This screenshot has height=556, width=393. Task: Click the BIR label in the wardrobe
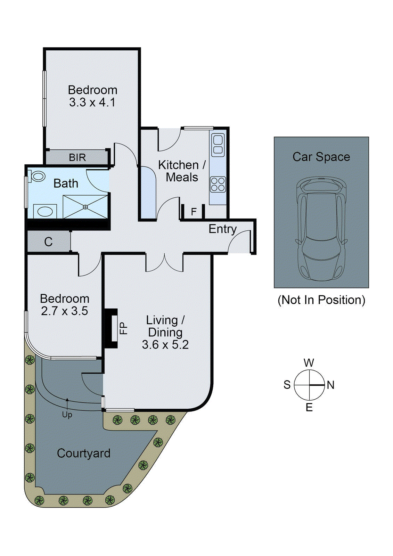[77, 157]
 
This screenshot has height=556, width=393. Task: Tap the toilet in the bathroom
[37, 176]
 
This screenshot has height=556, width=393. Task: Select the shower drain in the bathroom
[85, 207]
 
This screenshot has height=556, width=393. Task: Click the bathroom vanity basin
[45, 211]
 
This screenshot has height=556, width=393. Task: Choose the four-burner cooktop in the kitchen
[218, 185]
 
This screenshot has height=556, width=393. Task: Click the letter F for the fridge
[194, 211]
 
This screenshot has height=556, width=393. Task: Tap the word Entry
[222, 229]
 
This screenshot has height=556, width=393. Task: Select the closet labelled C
[49, 242]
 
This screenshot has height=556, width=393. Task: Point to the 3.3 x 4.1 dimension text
[92, 103]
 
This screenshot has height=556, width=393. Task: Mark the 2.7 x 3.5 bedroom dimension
[65, 311]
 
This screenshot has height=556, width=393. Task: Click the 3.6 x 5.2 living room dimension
[165, 345]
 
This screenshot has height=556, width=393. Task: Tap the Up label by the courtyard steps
[67, 415]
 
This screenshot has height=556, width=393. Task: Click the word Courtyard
[84, 453]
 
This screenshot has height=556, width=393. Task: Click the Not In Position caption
[321, 300]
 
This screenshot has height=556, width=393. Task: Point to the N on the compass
[330, 385]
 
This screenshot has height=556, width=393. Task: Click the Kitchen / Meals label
[182, 171]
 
